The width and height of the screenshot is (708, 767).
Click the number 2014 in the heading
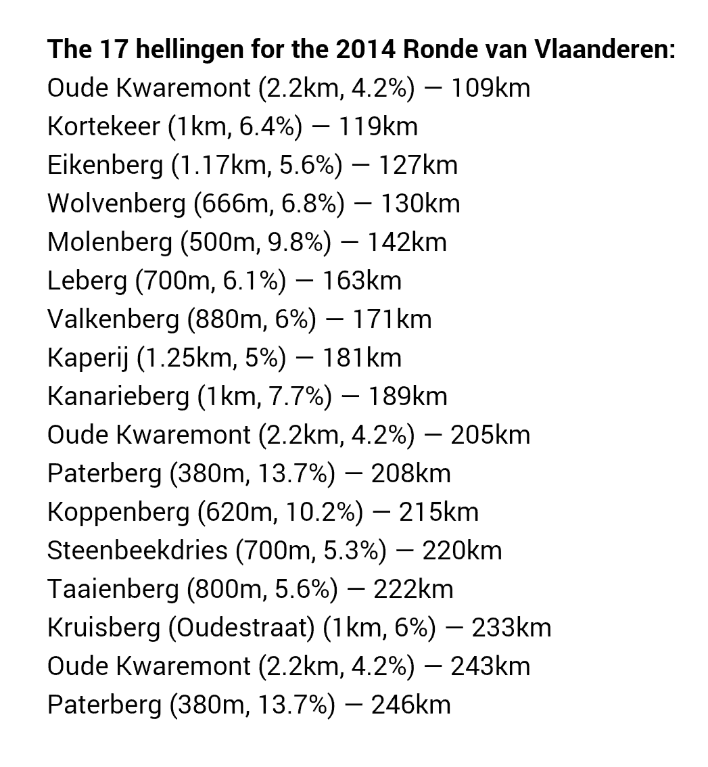click(x=364, y=49)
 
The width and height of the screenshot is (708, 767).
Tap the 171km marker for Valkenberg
click(x=392, y=319)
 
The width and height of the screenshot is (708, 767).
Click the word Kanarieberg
click(x=118, y=396)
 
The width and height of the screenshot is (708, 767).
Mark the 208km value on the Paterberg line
click(x=410, y=473)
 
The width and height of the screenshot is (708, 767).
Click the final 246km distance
click(x=410, y=705)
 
